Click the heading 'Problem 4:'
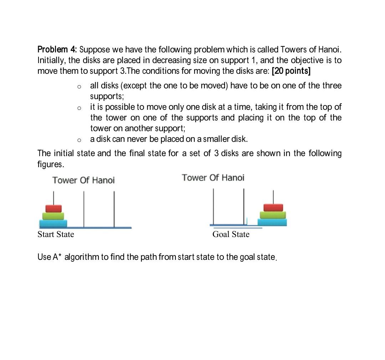coord(57,49)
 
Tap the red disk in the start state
coord(53,208)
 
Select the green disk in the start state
coord(53,216)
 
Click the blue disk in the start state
coord(53,223)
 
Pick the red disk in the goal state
coord(273,207)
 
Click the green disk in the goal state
coord(273,215)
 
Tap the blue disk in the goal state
coord(272,222)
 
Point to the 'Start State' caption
coord(56,234)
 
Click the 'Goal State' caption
coord(231,234)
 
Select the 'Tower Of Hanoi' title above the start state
coord(83,180)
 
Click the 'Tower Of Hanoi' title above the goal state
coord(213,178)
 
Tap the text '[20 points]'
coord(291,71)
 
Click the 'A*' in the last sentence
coord(57,257)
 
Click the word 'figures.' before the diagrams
coord(51,164)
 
